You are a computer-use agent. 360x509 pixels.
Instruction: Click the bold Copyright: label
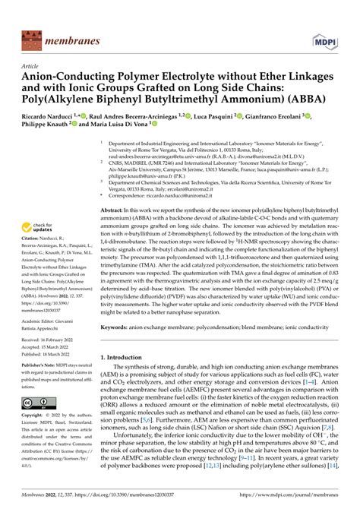[x=34, y=416]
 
